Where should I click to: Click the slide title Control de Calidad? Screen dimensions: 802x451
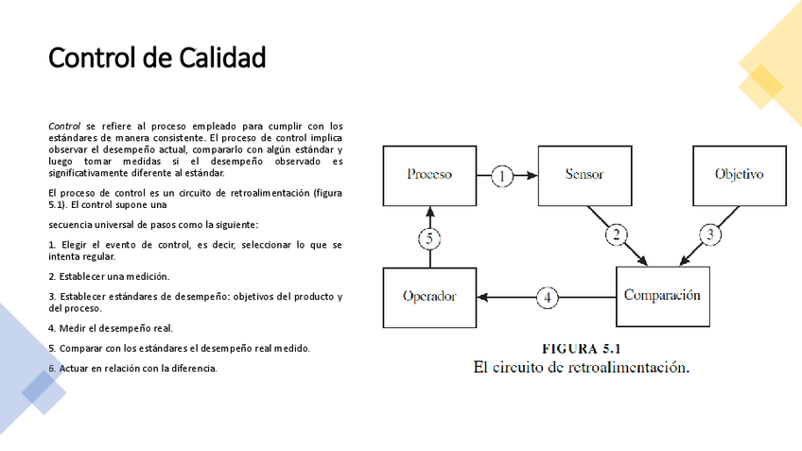click(156, 59)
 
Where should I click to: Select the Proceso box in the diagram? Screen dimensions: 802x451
click(428, 175)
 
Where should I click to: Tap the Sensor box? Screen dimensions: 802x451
click(584, 175)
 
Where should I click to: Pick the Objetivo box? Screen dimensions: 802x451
click(739, 175)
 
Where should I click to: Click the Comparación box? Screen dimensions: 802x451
click(662, 295)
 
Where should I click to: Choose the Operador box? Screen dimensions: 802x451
click(428, 296)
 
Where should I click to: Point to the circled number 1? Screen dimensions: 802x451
click(503, 175)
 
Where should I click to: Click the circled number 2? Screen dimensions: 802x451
click(616, 234)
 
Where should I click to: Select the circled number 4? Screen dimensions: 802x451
click(548, 297)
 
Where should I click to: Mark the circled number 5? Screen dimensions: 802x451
click(429, 238)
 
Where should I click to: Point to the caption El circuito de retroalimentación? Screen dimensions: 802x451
click(581, 367)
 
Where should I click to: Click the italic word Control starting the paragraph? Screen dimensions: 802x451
click(64, 126)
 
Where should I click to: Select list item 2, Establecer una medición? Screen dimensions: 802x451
click(109, 276)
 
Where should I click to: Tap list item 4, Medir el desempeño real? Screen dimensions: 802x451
click(111, 328)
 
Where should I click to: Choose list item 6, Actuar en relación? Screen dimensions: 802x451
click(132, 368)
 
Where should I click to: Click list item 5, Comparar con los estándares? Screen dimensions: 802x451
click(179, 348)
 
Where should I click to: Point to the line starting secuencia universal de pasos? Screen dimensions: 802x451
click(153, 225)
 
